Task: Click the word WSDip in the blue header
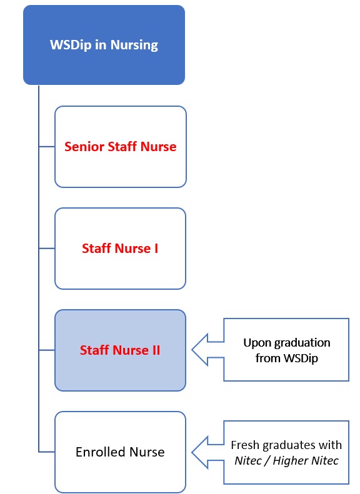click(71, 44)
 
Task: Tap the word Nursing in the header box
click(134, 46)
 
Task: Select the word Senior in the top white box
click(84, 147)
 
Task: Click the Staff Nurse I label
click(120, 249)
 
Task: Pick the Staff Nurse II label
click(120, 350)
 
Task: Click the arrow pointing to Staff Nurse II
click(207, 350)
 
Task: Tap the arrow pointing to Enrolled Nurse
click(207, 452)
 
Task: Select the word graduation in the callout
click(302, 343)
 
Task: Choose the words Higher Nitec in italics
click(306, 461)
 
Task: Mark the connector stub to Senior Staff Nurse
click(47, 147)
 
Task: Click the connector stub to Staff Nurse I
click(47, 249)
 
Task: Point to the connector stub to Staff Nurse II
click(47, 350)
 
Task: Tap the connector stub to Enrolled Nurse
click(47, 452)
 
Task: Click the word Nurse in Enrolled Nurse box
click(147, 452)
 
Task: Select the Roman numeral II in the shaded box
click(156, 350)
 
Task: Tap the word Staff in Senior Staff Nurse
click(122, 147)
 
